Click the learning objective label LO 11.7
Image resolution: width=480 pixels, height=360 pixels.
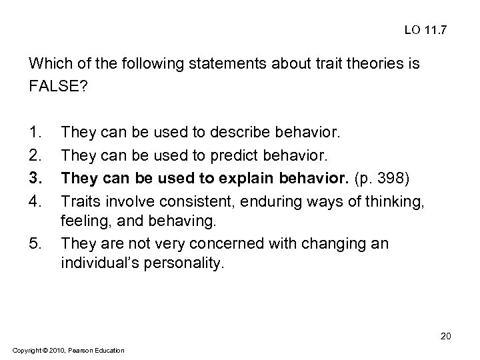click(x=427, y=31)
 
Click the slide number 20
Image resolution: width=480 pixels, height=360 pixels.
click(x=446, y=337)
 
